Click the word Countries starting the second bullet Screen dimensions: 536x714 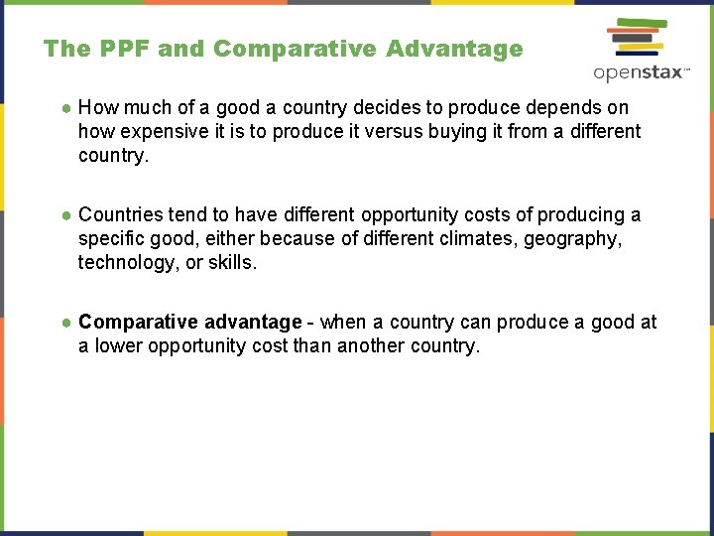tap(120, 214)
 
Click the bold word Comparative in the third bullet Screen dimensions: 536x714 tap(138, 322)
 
